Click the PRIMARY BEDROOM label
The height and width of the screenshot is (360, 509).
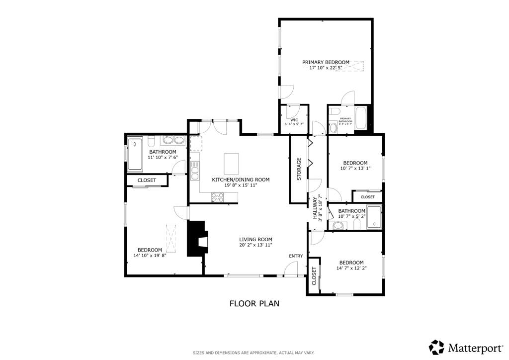point(326,62)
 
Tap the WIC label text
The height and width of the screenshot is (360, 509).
point(294,120)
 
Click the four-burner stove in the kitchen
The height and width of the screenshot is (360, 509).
point(217,197)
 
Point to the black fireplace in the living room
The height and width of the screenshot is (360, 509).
point(197,239)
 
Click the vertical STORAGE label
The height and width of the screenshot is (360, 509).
point(299,169)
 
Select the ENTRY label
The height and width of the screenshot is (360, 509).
point(296,256)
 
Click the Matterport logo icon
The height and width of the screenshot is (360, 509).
point(436,347)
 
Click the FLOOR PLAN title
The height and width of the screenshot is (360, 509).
point(254,303)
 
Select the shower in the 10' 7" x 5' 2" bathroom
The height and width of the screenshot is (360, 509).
point(374,218)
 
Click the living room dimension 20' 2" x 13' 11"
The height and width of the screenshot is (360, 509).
point(255,245)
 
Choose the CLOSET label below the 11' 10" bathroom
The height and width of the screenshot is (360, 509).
point(147,180)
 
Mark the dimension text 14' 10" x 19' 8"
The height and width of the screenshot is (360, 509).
point(150,256)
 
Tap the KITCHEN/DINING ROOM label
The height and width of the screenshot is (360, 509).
point(241,180)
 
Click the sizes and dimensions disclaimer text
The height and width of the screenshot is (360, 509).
point(254,353)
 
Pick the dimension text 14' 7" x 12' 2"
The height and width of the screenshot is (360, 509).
point(351,269)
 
